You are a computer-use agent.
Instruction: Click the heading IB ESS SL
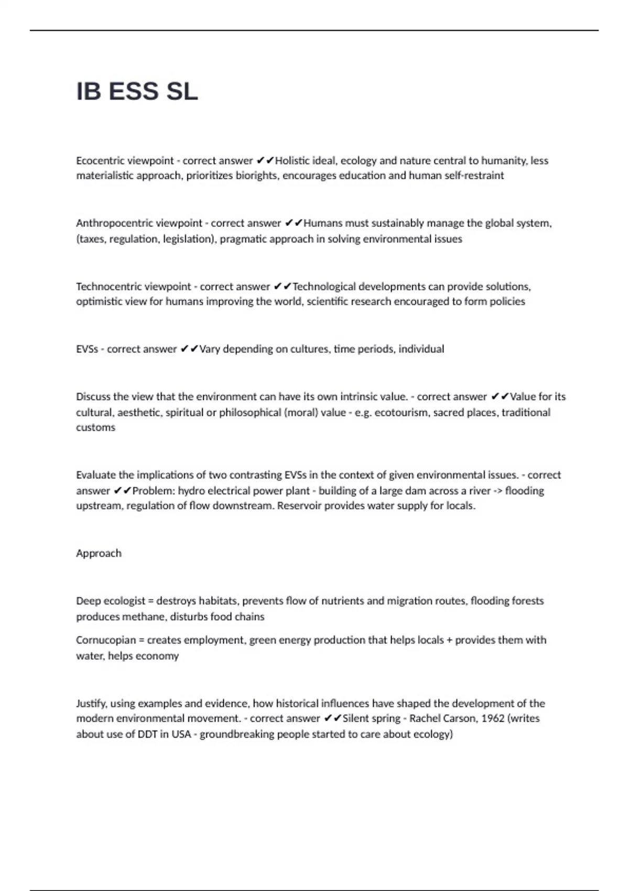point(137,92)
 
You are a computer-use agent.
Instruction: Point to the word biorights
point(257,176)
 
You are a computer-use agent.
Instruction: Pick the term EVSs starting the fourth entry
point(87,349)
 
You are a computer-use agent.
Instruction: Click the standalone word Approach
point(99,553)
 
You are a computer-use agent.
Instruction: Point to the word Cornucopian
point(106,640)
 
